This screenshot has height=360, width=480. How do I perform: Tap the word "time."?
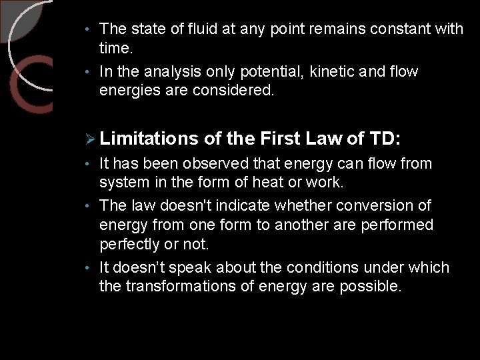[116, 48]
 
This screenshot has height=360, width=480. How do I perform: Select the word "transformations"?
[181, 287]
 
